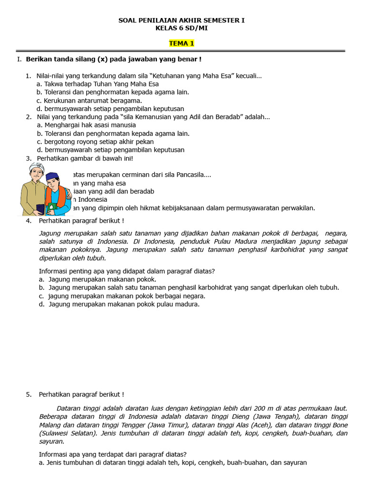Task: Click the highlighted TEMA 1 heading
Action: (x=182, y=44)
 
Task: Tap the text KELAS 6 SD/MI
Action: (x=182, y=28)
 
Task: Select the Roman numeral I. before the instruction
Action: (x=19, y=59)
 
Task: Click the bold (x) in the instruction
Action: (x=102, y=59)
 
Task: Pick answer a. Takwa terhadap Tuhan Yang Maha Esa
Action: (x=97, y=84)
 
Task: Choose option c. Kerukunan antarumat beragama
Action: (x=89, y=101)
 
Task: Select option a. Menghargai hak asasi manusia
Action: (x=86, y=125)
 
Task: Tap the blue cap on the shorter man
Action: (x=52, y=176)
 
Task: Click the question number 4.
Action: (x=29, y=221)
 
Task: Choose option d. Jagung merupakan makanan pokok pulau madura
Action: (x=119, y=304)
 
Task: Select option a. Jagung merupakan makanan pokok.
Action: (x=97, y=280)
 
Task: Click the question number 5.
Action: (x=29, y=394)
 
